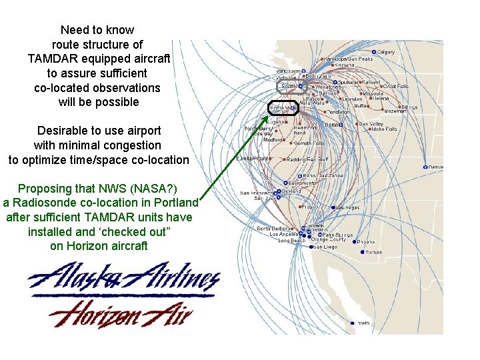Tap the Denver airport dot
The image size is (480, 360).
click(425, 167)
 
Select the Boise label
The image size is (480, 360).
click(351, 124)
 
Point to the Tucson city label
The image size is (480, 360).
click(374, 252)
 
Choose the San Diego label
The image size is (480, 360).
click(325, 247)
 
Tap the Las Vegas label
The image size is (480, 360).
click(347, 208)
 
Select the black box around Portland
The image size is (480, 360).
click(291, 107)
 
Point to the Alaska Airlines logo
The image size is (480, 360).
click(123, 278)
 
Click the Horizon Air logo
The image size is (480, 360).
click(121, 312)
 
